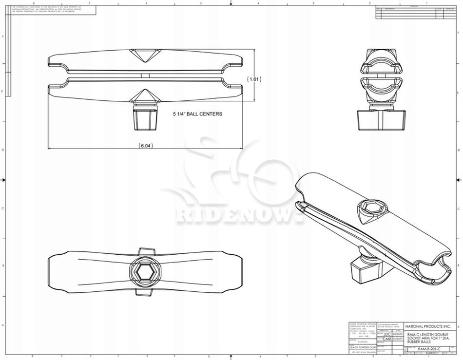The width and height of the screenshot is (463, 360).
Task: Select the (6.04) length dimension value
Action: click(x=146, y=145)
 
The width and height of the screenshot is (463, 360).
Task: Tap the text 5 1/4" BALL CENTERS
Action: click(x=198, y=114)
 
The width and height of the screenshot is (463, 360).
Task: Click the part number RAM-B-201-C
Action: click(x=429, y=349)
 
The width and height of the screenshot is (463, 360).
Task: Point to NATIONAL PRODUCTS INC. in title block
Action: click(x=429, y=326)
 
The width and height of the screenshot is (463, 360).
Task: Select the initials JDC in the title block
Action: click(x=386, y=334)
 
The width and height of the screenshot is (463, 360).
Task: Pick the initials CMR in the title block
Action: click(x=386, y=339)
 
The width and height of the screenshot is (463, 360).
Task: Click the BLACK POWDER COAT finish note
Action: click(x=363, y=347)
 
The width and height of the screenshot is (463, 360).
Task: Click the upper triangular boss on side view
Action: click(x=145, y=55)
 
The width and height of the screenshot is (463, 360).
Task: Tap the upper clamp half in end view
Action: click(x=381, y=63)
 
